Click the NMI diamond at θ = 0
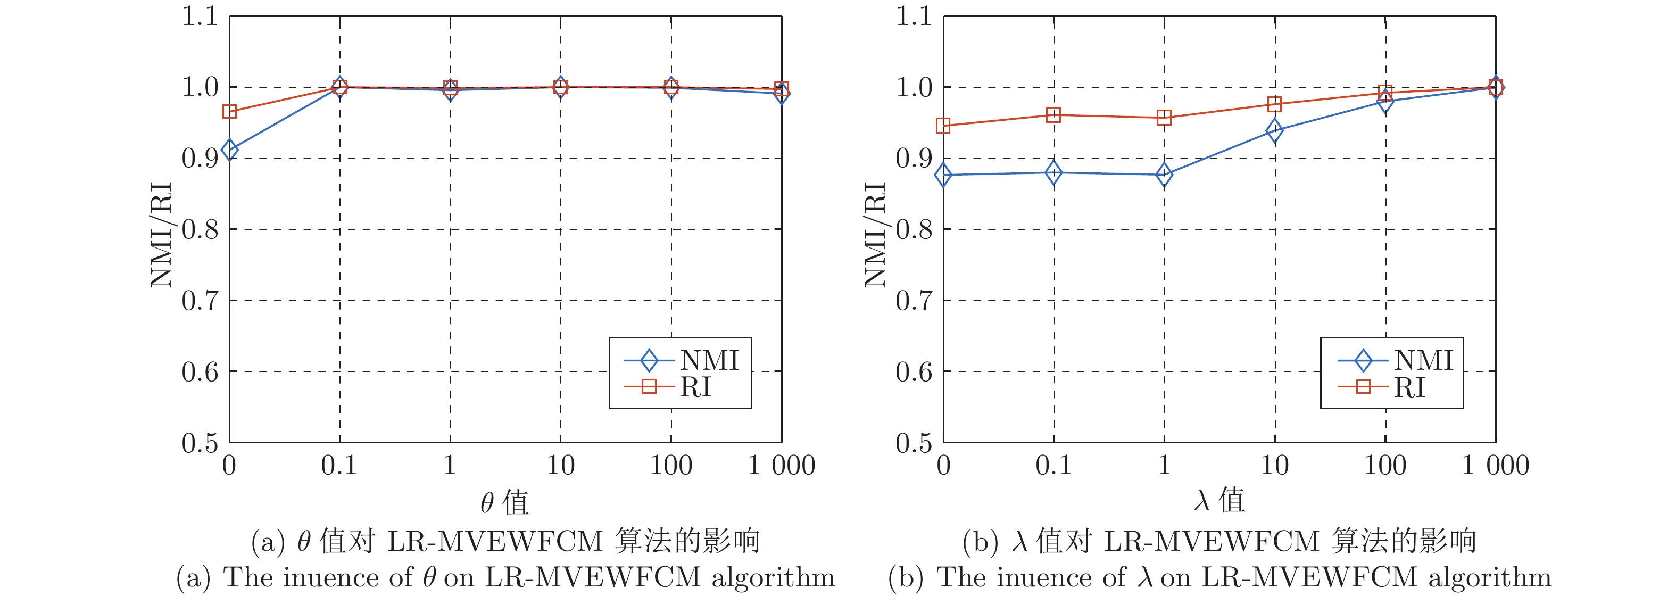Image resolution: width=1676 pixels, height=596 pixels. (229, 150)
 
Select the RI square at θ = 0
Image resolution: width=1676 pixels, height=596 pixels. (229, 111)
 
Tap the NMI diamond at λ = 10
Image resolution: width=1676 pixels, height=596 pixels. (1275, 130)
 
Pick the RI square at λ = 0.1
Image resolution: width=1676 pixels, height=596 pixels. (1053, 115)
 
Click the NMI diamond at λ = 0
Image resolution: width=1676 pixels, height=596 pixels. (943, 175)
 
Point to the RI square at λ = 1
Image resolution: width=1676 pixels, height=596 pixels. (1164, 118)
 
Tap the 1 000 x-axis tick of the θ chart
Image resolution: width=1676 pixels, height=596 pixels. (782, 466)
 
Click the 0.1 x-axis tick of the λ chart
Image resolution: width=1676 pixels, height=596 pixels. (1053, 466)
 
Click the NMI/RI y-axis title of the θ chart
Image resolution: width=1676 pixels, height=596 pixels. (161, 234)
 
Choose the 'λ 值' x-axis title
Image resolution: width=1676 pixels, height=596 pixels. (1219, 500)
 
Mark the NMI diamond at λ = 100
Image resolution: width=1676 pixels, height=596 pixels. (1385, 101)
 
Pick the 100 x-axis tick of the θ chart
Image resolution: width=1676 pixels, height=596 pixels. (671, 466)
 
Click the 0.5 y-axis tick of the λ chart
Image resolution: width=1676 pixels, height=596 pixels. (914, 443)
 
